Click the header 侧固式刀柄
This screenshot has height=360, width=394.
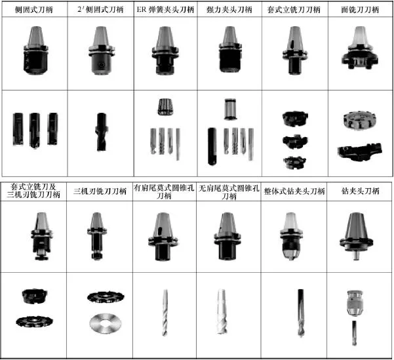(34, 10)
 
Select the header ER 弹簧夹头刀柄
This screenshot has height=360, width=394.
(165, 10)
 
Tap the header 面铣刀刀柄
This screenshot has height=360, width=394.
(360, 10)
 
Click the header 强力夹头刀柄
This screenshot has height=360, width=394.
(229, 10)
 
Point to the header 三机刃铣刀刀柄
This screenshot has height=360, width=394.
(100, 191)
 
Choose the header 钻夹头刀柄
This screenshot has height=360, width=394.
(360, 191)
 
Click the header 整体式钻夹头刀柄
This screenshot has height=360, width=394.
(294, 191)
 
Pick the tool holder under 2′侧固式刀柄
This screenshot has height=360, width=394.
(102, 50)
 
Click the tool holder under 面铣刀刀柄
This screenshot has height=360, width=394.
(359, 48)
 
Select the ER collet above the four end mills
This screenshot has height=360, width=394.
(166, 107)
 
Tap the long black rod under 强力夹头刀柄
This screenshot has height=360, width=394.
(212, 146)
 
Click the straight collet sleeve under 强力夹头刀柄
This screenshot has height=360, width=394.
(230, 109)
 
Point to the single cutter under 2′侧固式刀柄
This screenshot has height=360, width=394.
(101, 132)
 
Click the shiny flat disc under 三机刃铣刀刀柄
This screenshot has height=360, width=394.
(106, 323)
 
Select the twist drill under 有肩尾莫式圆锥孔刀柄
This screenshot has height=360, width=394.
(165, 313)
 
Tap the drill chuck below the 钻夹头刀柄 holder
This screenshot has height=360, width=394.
(355, 303)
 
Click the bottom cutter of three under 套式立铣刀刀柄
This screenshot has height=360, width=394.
(294, 163)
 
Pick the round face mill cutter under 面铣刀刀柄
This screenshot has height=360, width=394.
(359, 121)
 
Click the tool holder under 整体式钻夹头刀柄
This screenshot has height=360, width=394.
(292, 236)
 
